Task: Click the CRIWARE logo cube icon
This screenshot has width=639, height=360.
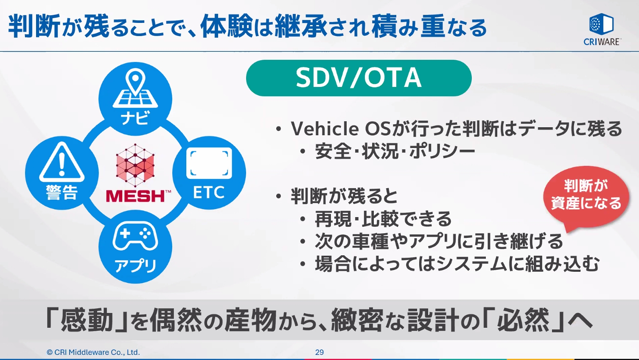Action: (x=601, y=24)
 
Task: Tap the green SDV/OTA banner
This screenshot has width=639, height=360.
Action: (x=359, y=78)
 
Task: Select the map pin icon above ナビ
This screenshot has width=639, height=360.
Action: (x=135, y=89)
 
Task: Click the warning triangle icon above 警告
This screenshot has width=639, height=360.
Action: (x=62, y=163)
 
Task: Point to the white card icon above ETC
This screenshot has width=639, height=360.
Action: (x=209, y=163)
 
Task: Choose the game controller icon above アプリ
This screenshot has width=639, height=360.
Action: (x=135, y=236)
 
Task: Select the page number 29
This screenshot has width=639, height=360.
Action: (x=319, y=352)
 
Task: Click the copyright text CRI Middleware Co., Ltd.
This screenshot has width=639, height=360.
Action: (x=93, y=352)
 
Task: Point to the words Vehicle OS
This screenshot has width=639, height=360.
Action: (x=339, y=129)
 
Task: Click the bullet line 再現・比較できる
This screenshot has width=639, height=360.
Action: (x=383, y=219)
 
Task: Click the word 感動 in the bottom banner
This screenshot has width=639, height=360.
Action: (x=87, y=320)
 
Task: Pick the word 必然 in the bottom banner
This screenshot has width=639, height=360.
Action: (x=523, y=320)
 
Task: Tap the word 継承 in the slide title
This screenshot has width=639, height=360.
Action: (x=301, y=26)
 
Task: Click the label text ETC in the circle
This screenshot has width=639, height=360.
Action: (x=209, y=193)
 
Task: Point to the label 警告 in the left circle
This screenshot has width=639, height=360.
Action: (x=62, y=193)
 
